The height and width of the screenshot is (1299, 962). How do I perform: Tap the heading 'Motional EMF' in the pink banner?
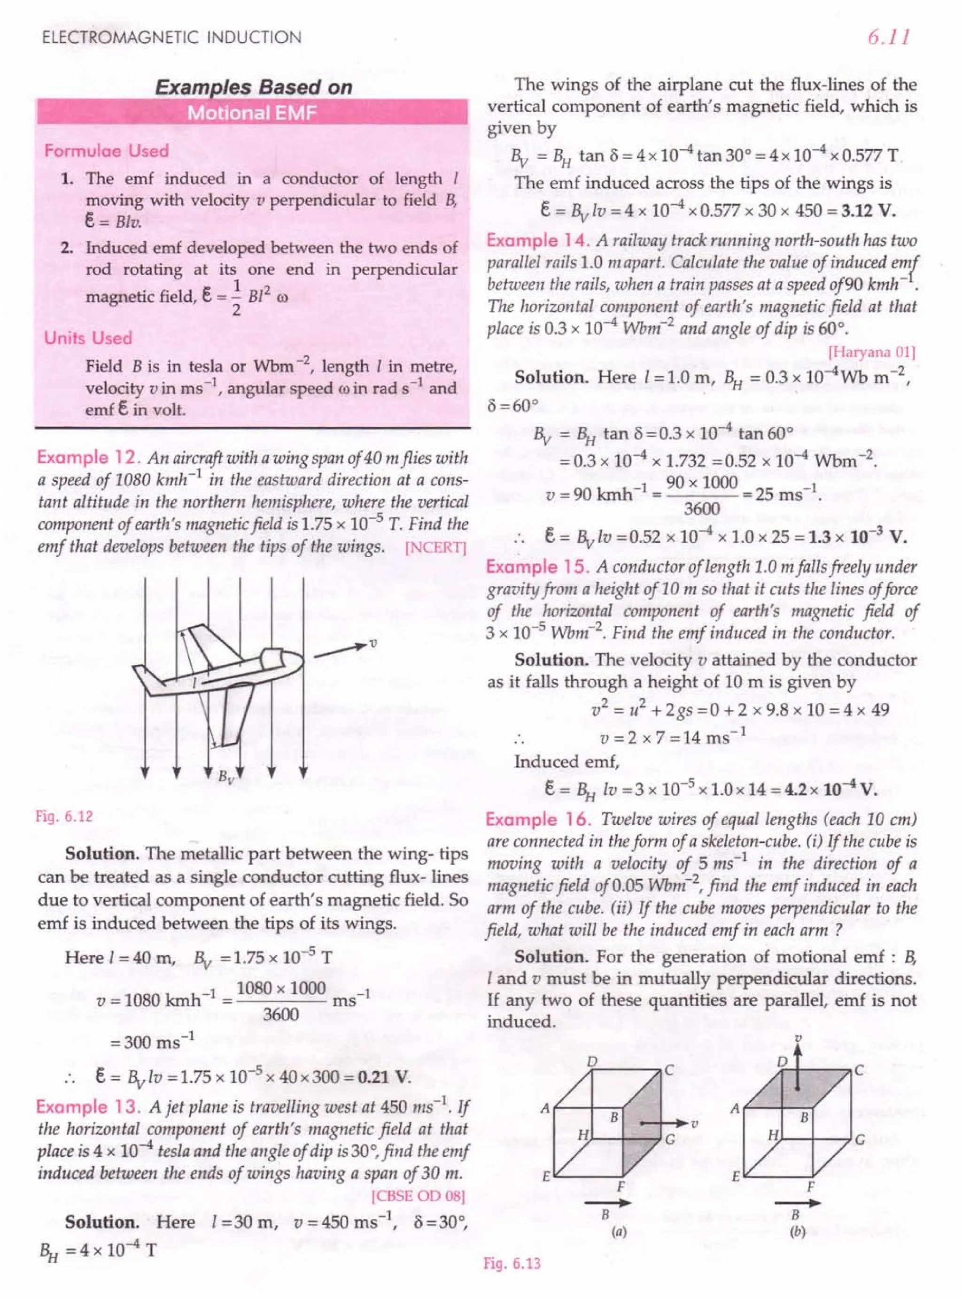pos(252,112)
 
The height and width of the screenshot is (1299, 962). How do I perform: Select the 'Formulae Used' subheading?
pos(106,151)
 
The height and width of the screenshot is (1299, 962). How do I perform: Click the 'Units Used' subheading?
pos(88,338)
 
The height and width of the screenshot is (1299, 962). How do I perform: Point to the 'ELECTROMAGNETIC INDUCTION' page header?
pos(172,38)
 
